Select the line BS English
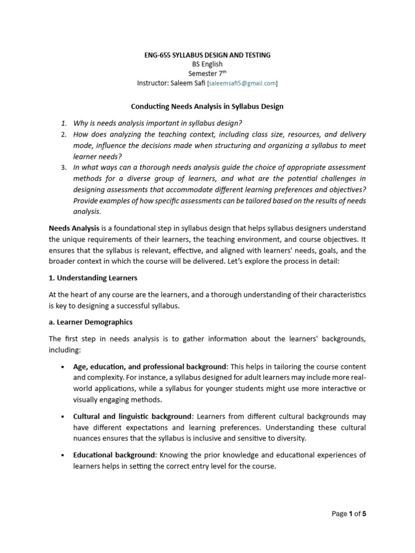click(x=207, y=64)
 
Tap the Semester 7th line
click(x=207, y=73)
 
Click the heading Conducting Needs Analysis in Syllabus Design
click(x=207, y=106)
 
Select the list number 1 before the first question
click(x=63, y=123)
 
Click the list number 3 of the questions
click(x=63, y=167)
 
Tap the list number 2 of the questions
click(x=63, y=134)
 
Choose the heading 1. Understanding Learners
click(x=93, y=278)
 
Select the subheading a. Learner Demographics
click(x=90, y=322)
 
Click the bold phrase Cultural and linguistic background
click(x=132, y=416)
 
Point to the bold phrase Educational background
click(x=114, y=455)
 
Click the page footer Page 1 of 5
click(x=349, y=514)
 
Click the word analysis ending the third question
click(x=86, y=212)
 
